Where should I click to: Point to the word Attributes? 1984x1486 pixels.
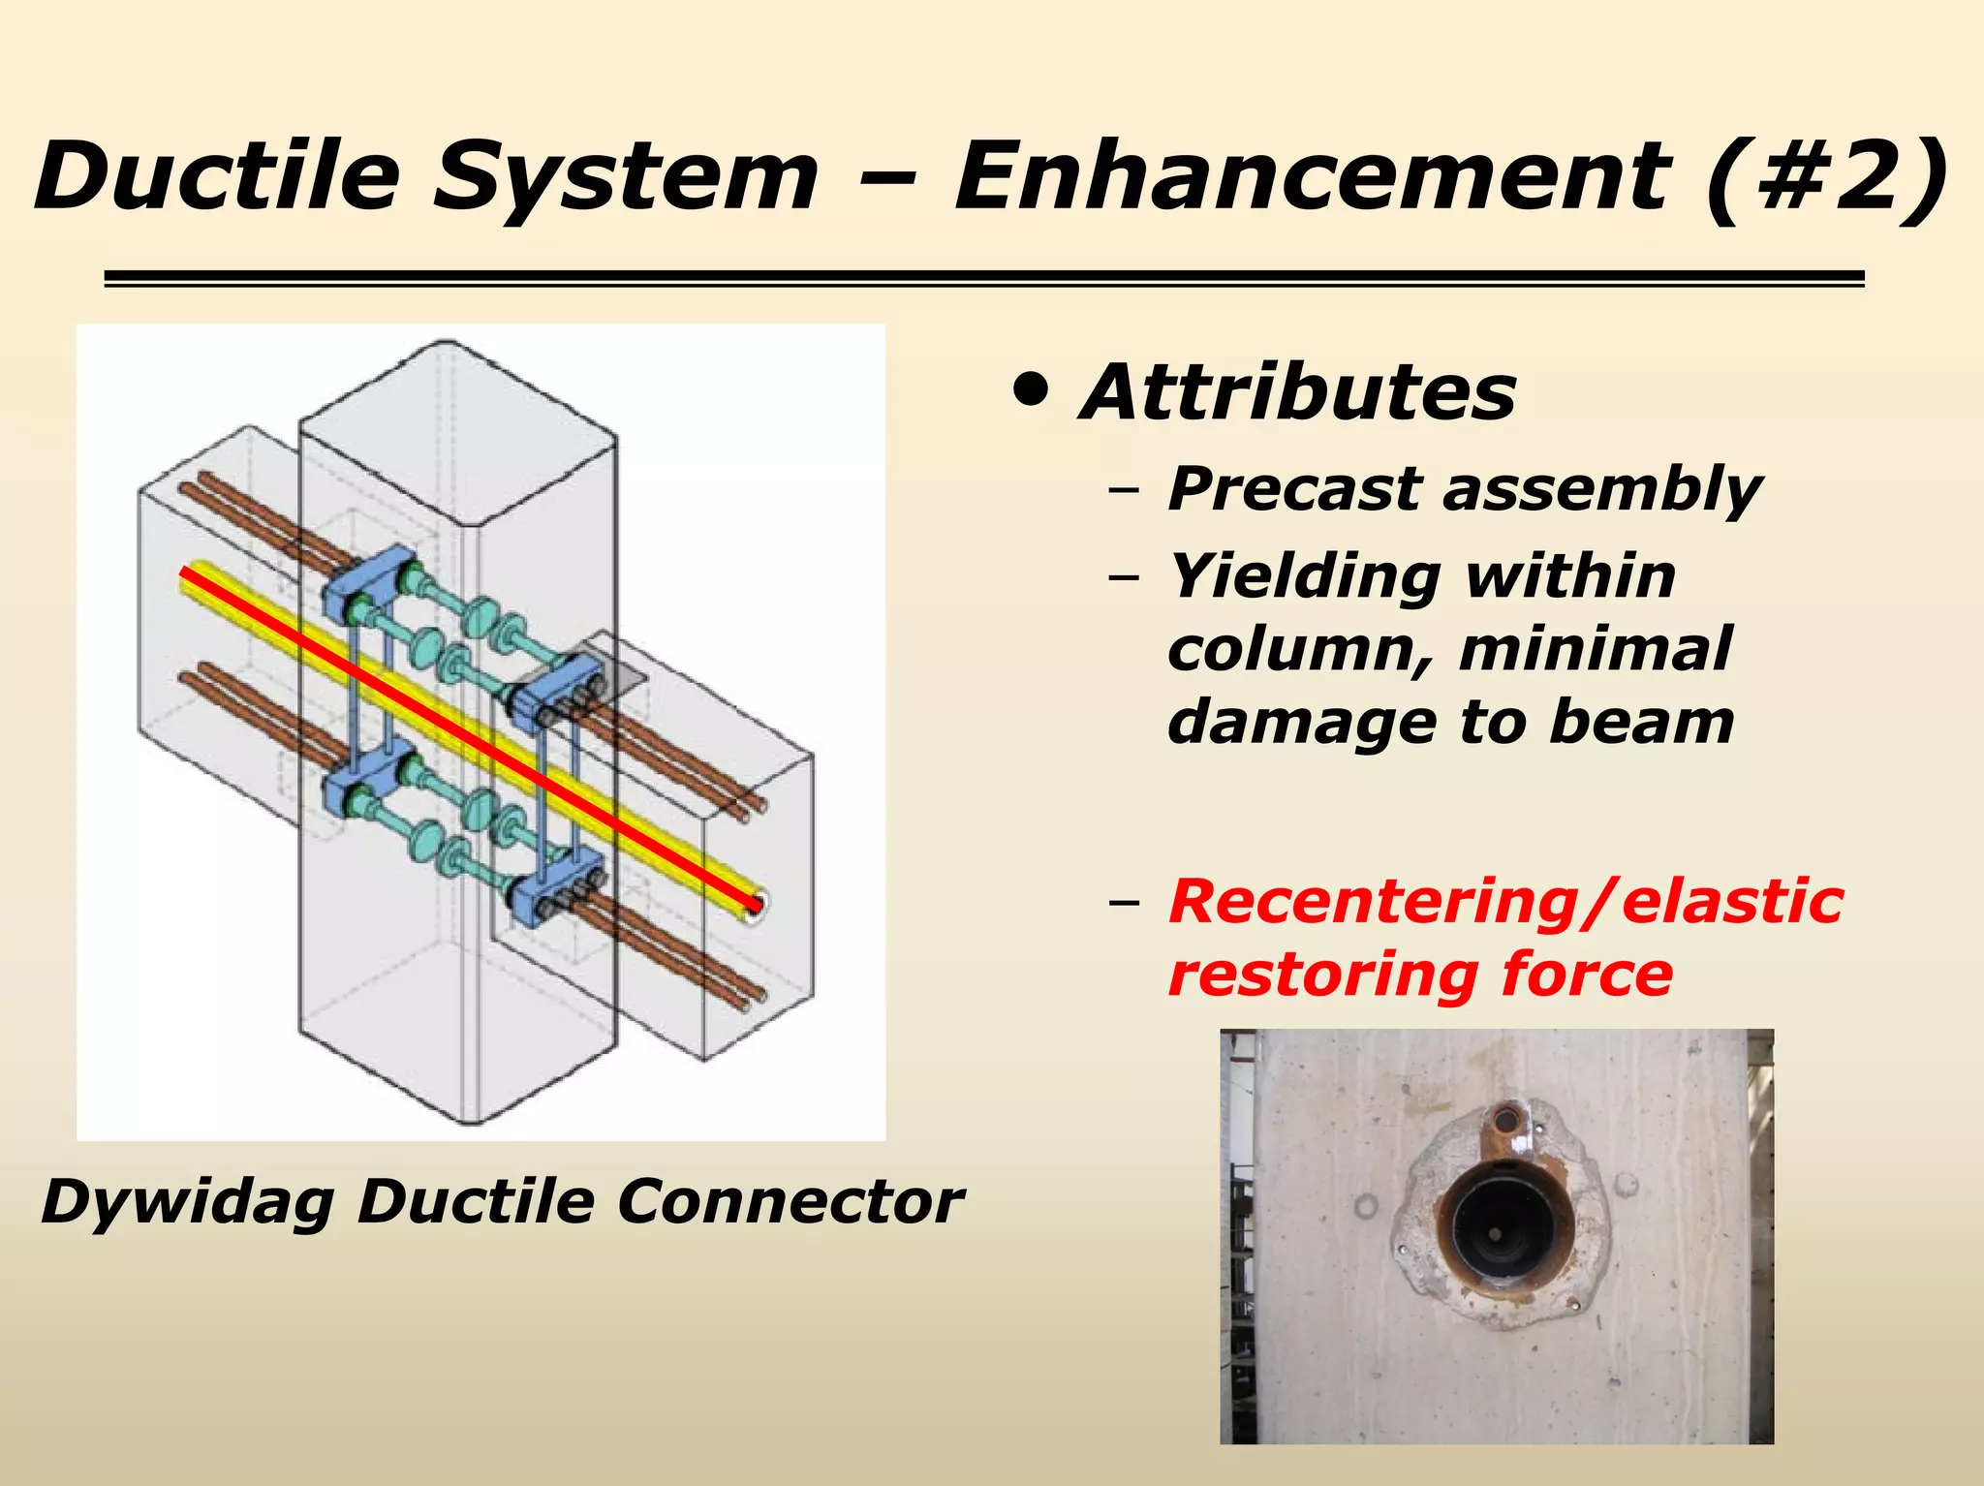(1297, 393)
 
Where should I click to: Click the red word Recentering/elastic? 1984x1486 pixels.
(1504, 901)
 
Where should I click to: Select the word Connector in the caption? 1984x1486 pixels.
(790, 1203)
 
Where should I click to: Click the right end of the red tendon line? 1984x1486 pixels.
(755, 907)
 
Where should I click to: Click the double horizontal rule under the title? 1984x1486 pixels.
(983, 279)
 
